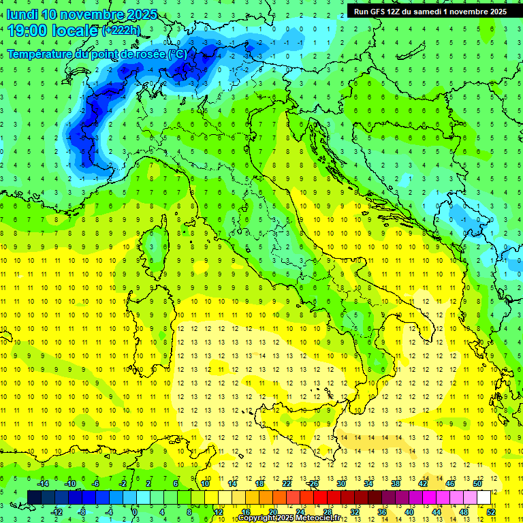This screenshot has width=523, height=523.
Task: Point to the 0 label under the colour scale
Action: (x=135, y=512)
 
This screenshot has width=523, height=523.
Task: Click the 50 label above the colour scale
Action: (x=477, y=484)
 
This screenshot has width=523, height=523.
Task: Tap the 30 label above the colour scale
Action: (x=340, y=484)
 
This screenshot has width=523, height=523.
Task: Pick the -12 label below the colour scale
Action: (x=57, y=512)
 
